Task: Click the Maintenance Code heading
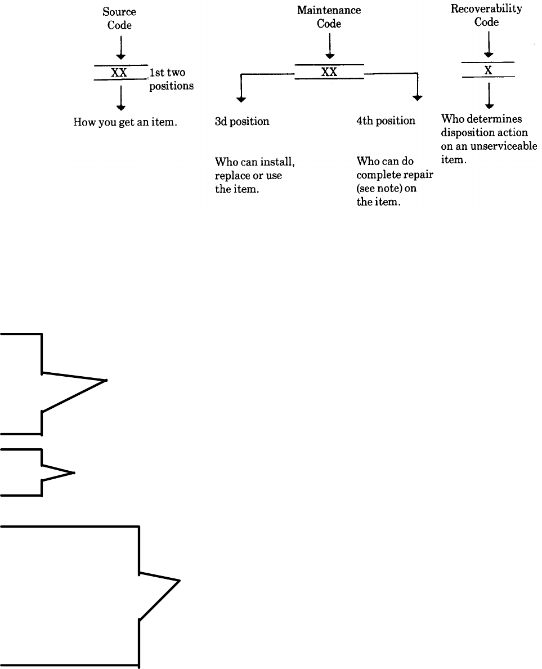coord(329,17)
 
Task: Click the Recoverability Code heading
coord(486,16)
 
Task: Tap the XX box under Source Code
coord(119,73)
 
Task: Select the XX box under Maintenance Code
coord(329,72)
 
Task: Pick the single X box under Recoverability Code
coord(488,70)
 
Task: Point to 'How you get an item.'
coord(126,121)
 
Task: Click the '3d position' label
coord(242,121)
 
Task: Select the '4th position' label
coord(386,121)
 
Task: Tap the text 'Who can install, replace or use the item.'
coord(255,176)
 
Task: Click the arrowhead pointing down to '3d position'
coord(241,99)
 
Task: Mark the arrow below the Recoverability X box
coord(489,95)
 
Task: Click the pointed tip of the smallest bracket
coord(74,472)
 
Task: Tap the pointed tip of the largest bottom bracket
coord(180,580)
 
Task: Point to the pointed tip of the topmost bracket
coord(106,381)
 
